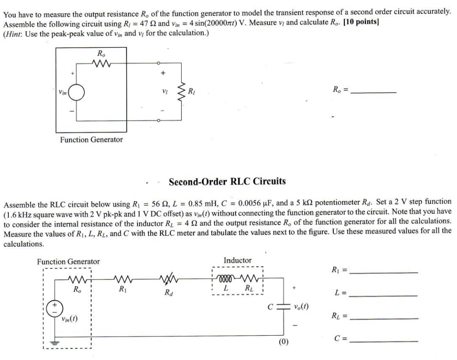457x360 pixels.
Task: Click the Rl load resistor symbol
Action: click(x=181, y=92)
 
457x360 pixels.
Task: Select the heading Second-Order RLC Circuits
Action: click(x=228, y=181)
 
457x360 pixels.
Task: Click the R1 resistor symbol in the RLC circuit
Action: click(x=121, y=279)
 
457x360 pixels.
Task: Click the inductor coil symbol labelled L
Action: click(x=225, y=279)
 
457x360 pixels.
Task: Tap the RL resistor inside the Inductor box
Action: click(x=250, y=279)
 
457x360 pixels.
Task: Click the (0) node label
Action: click(x=283, y=341)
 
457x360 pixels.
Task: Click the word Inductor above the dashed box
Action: click(x=237, y=260)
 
